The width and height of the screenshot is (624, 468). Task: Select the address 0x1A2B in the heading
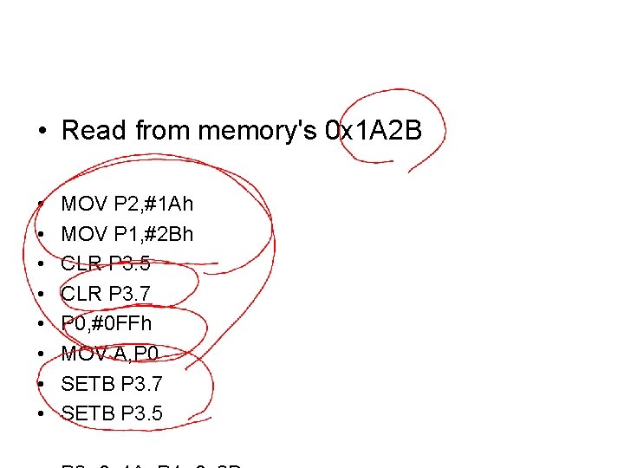click(x=373, y=132)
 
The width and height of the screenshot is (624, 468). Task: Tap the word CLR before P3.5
click(x=81, y=264)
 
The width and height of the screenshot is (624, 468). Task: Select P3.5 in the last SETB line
click(x=142, y=413)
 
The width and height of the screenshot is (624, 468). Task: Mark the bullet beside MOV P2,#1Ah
click(x=41, y=205)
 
